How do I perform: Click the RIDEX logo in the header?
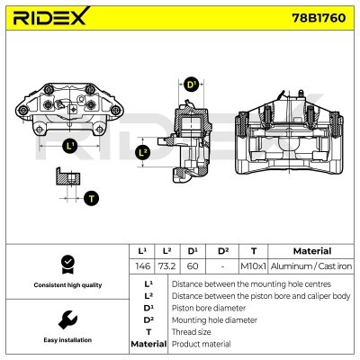49,19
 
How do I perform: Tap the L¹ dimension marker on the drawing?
71,146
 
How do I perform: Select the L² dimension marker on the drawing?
142,153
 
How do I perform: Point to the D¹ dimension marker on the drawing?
191,85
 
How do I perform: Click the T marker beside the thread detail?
92,197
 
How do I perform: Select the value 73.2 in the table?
166,266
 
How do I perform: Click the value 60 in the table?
192,266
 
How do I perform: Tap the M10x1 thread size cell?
253,266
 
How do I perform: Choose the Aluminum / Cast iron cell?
312,266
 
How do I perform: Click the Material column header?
312,251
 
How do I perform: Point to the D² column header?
223,251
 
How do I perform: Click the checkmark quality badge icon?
66,264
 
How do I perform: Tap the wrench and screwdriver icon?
66,319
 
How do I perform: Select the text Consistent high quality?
66,285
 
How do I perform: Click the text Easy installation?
66,340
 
